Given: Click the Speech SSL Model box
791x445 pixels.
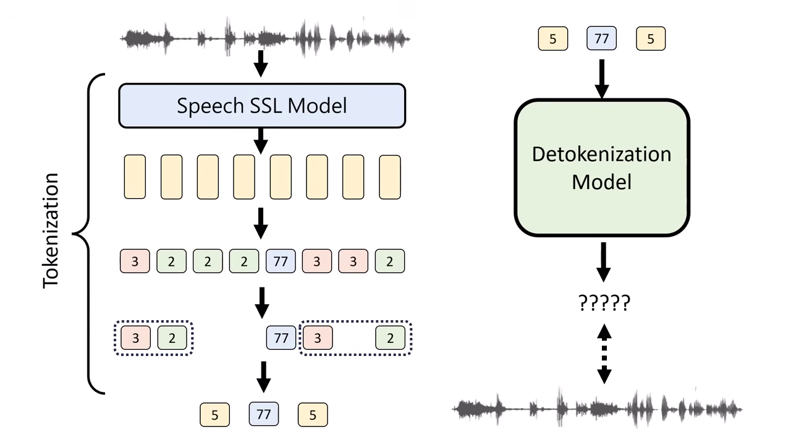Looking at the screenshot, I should tap(261, 106).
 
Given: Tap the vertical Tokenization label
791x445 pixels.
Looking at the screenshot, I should tap(51, 230).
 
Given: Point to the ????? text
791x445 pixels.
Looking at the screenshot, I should tap(603, 303).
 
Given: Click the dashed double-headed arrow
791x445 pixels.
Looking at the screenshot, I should tap(604, 353).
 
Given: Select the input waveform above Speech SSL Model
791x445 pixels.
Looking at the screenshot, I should tap(265, 39).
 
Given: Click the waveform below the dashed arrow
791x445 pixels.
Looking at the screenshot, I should tap(597, 409).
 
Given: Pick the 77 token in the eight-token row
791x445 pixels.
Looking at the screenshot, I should tap(281, 261).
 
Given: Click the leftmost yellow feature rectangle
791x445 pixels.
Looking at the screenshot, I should tap(135, 177).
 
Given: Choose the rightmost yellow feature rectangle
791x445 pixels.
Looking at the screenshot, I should tap(389, 177).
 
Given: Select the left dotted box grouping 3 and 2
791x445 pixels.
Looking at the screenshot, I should tap(154, 338).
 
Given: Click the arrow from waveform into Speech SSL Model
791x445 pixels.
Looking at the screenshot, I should tap(261, 64).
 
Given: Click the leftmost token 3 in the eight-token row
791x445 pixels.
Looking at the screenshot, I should tap(135, 261).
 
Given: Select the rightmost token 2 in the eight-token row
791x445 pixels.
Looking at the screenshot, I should tap(389, 261).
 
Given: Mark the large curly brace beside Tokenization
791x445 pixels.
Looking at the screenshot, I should tap(88, 234).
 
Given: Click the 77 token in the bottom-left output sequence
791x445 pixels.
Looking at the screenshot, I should tap(264, 414).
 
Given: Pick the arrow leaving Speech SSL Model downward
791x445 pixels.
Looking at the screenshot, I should tap(261, 140).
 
